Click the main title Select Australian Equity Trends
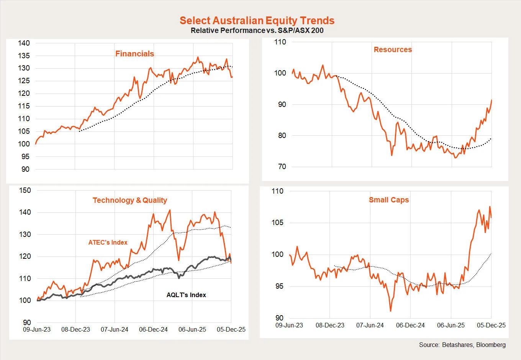point(257,21)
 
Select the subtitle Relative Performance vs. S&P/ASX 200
point(257,31)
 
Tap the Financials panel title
point(134,54)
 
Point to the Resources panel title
point(393,49)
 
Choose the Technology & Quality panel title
point(130,200)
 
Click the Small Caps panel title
point(389,200)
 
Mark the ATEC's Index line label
point(108,242)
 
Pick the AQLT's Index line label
point(186,295)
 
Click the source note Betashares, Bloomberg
point(462,345)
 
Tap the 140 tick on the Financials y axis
point(24,43)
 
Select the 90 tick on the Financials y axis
point(25,169)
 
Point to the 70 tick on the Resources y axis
point(282,167)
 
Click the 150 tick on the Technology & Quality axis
point(25,191)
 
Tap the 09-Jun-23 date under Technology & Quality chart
point(37,329)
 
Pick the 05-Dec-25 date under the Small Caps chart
point(491,325)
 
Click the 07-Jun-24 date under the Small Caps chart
point(370,325)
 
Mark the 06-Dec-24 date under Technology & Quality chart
point(153,329)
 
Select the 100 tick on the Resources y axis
point(280,73)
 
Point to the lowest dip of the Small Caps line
point(390,311)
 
